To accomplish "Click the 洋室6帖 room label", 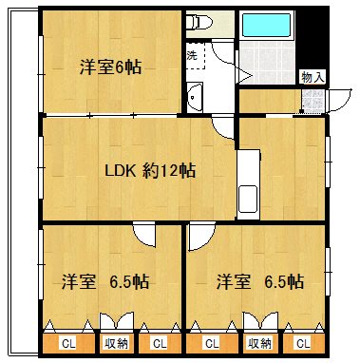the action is (110, 67).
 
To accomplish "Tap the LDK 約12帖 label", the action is (150, 171).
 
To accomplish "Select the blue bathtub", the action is (266, 25).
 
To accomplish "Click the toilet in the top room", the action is (199, 22).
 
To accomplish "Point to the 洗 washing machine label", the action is (192, 55).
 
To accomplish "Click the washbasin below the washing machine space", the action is (195, 97).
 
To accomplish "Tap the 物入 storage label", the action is (313, 77).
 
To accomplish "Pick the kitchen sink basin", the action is (248, 199).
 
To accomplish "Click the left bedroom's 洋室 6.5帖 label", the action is (105, 281).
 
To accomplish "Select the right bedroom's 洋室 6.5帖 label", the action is (260, 281).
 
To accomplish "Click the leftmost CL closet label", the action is (68, 344).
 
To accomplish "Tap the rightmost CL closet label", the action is (303, 344).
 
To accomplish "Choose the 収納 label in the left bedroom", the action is (117, 343).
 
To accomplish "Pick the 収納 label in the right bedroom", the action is (259, 343).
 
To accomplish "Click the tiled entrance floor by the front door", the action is (313, 101).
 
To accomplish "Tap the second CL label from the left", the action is (160, 344).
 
